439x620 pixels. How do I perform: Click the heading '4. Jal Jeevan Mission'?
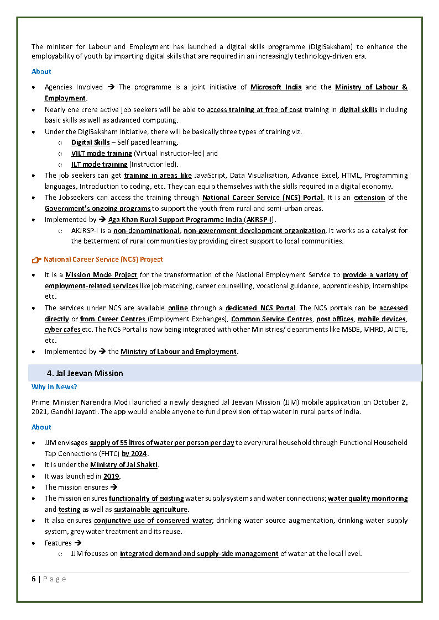[85, 373]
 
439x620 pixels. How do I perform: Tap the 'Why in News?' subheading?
[54, 387]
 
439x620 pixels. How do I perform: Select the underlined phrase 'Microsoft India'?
[276, 87]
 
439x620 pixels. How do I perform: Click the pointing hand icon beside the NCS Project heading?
[36, 259]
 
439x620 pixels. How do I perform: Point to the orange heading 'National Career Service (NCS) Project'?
[103, 259]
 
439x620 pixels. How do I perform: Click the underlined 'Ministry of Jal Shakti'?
[124, 465]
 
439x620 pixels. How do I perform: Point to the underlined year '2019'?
[112, 476]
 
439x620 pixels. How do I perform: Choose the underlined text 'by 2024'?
[135, 454]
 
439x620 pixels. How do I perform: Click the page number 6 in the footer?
[34, 579]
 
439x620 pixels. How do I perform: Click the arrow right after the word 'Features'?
[78, 543]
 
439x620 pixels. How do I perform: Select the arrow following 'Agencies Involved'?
[111, 87]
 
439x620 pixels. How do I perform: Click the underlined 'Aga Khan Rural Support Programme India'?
[175, 220]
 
